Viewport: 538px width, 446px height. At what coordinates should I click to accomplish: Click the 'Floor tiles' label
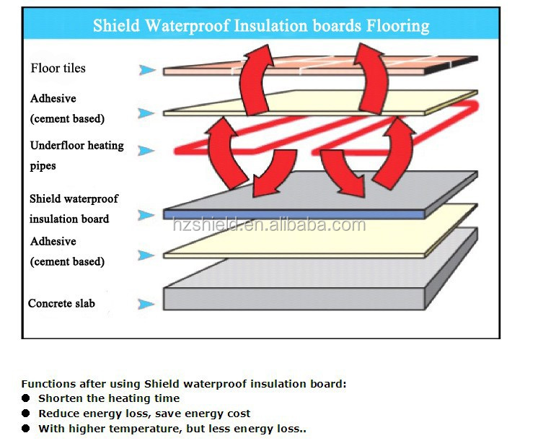[x=58, y=69]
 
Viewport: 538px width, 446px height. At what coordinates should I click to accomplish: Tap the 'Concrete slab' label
[x=61, y=304]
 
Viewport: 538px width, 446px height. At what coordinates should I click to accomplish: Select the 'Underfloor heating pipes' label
[x=76, y=155]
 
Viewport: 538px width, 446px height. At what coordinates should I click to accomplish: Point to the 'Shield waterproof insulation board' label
[x=74, y=209]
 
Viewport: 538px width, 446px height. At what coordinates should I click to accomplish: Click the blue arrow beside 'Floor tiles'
[x=147, y=70]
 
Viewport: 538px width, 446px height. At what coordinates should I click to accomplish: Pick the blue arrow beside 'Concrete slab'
[x=147, y=305]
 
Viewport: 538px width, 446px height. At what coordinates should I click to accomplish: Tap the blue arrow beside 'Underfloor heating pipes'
[x=146, y=151]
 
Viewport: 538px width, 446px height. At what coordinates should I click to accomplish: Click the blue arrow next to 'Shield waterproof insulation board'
[x=147, y=214]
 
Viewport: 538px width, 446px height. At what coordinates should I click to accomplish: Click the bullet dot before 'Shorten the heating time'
[x=26, y=398]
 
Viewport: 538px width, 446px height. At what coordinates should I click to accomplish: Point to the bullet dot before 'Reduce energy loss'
[x=26, y=414]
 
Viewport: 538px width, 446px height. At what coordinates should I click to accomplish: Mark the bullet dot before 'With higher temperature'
[x=26, y=429]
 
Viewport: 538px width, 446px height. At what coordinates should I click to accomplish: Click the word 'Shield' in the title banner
[x=117, y=27]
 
